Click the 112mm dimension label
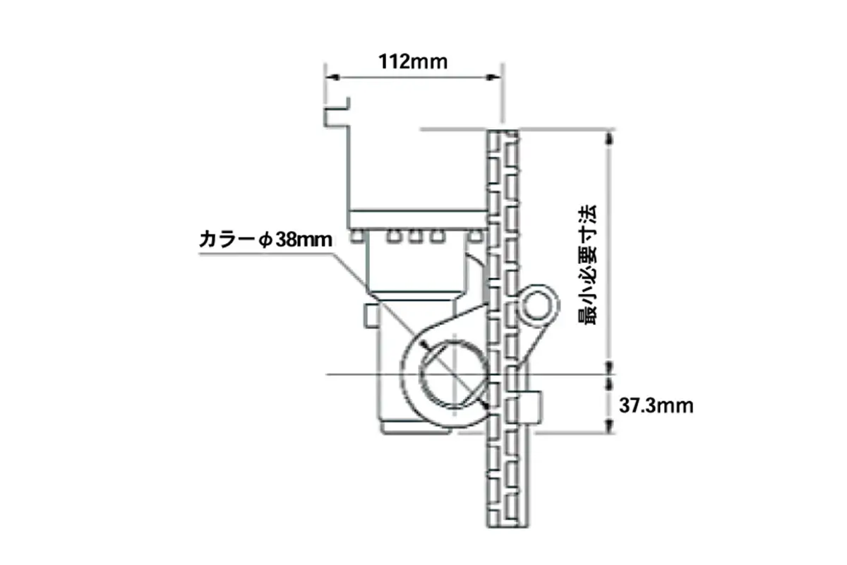(413, 61)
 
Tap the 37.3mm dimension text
(656, 405)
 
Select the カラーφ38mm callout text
(266, 239)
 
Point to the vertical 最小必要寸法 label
(587, 265)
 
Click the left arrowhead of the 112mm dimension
(332, 77)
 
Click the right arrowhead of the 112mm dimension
(493, 77)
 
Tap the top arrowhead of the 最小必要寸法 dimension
(608, 138)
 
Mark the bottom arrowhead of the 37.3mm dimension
(608, 427)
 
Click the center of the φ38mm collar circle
(454, 374)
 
